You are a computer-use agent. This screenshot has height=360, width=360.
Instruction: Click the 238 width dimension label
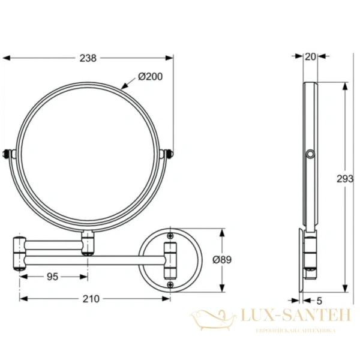[89, 58]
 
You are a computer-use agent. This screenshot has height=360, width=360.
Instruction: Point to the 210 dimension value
[91, 298]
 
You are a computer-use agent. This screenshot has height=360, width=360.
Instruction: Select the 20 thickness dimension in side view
[310, 57]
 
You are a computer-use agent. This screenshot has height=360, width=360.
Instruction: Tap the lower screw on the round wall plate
[170, 284]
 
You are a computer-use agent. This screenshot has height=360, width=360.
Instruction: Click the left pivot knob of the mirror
[8, 155]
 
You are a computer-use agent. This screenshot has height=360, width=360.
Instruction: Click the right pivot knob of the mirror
[170, 155]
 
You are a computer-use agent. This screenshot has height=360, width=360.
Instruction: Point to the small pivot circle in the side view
[310, 156]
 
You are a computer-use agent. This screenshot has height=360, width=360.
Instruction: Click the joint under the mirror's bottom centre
[89, 242]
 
